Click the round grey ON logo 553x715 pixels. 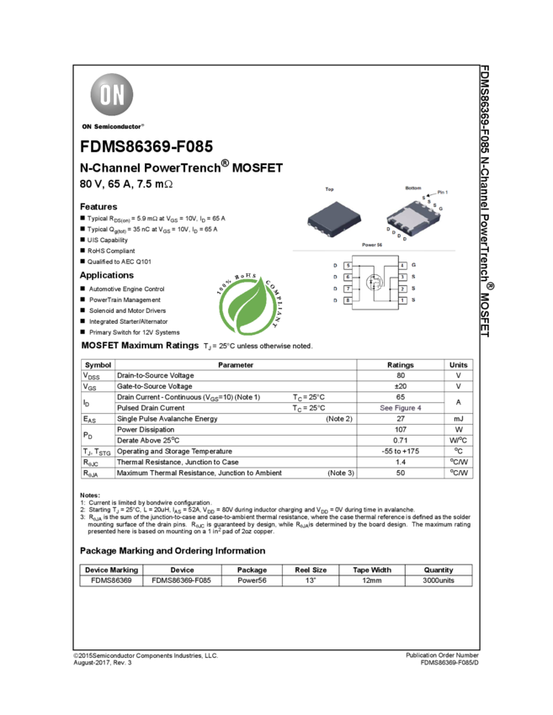[x=112, y=95]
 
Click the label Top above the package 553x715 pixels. [x=329, y=190]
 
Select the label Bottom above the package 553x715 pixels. [x=412, y=188]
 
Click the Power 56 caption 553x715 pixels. [x=372, y=245]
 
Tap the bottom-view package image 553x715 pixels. [x=413, y=217]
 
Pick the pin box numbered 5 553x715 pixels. [x=347, y=266]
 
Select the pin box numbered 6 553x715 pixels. [x=347, y=277]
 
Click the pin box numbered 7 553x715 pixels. [x=347, y=289]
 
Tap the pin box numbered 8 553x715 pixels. [x=347, y=300]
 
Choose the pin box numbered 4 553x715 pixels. [x=402, y=266]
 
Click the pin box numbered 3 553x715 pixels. [x=402, y=277]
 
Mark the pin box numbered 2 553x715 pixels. [x=402, y=289]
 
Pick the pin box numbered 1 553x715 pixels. [x=402, y=300]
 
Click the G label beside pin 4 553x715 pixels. [x=413, y=266]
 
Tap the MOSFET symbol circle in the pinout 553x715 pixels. [x=375, y=283]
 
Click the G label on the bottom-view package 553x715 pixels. [x=440, y=208]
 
